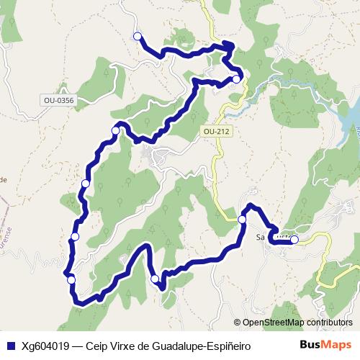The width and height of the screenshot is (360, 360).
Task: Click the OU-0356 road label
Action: (x=58, y=101)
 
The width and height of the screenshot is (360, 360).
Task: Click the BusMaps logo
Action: (x=326, y=344)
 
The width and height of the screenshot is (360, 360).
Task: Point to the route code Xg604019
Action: (x=45, y=345)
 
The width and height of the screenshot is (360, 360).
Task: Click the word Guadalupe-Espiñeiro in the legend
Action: (x=201, y=345)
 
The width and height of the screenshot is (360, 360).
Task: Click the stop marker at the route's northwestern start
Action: (x=137, y=36)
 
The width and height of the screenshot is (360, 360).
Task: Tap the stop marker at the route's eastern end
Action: (x=294, y=240)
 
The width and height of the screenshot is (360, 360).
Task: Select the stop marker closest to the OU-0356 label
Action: (x=115, y=130)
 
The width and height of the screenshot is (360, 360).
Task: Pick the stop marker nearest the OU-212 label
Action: (x=236, y=79)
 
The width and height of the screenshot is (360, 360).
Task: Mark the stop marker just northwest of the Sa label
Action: (x=242, y=219)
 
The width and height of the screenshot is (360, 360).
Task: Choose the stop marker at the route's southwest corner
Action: (x=71, y=279)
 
